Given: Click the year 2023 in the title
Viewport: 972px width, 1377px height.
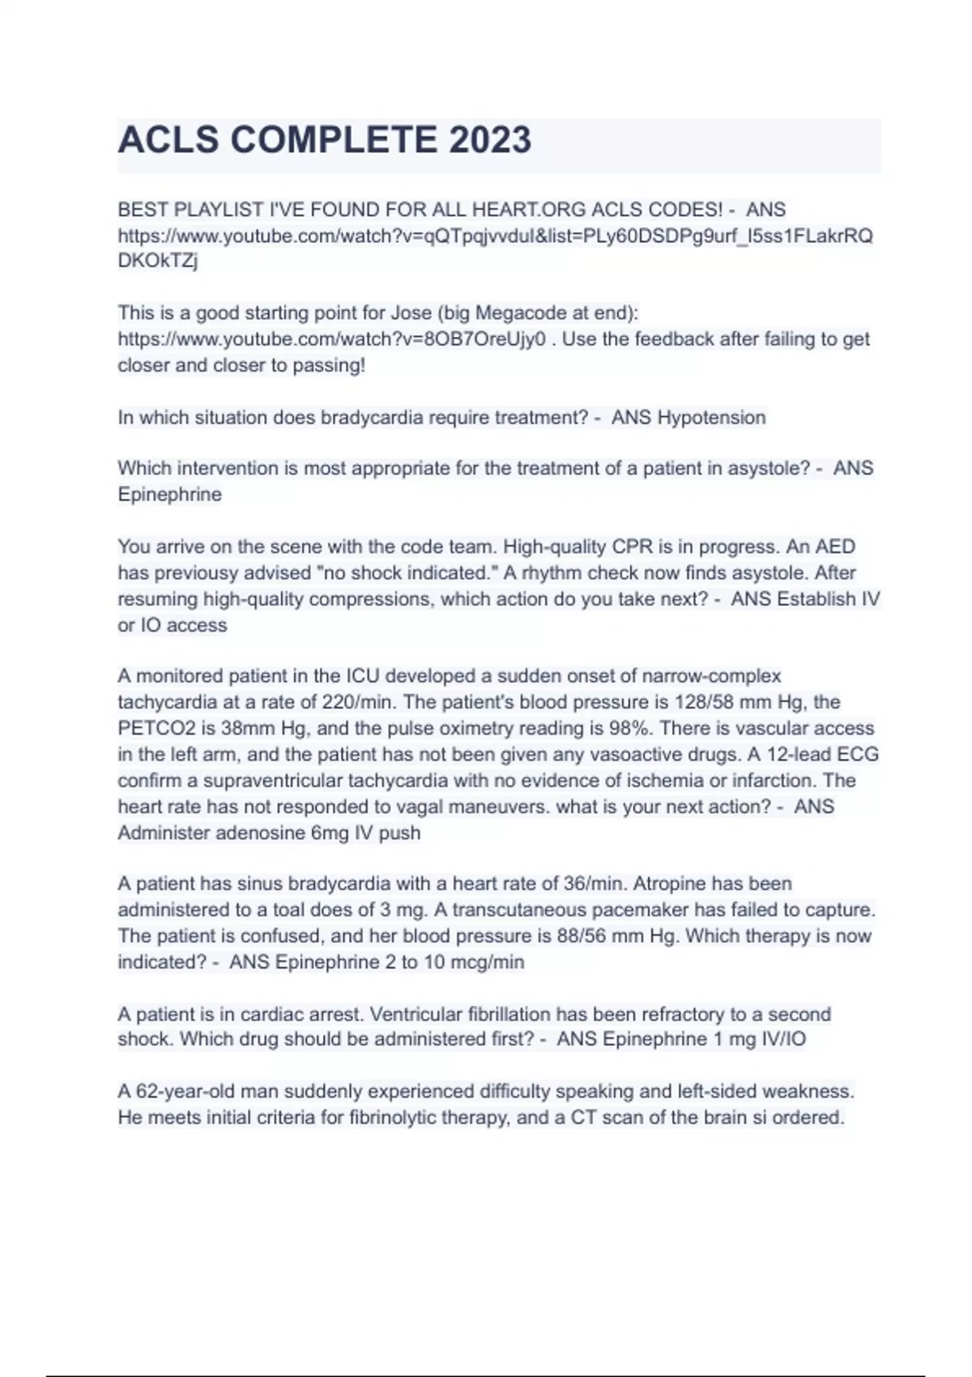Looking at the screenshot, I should click(490, 140).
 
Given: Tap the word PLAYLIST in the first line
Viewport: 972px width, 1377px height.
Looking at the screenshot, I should click(211, 210).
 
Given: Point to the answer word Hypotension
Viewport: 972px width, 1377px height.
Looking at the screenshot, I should click(711, 418).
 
